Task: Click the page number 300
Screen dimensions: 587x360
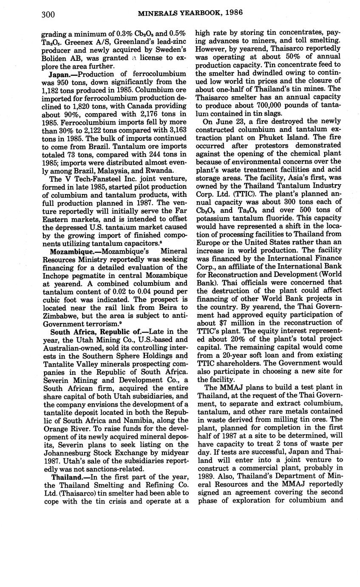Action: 48,14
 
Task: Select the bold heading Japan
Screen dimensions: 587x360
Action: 60,74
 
